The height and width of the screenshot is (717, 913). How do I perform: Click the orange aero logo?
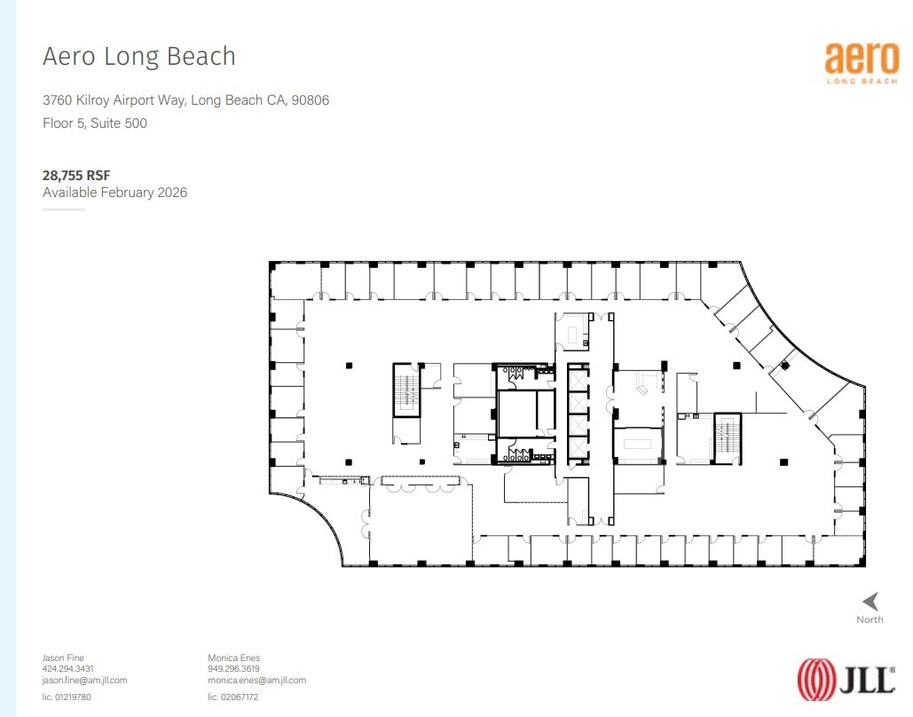pyautogui.click(x=862, y=59)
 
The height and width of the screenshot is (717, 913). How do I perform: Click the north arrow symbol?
pyautogui.click(x=870, y=601)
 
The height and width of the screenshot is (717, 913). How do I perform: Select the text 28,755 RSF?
pyautogui.click(x=76, y=176)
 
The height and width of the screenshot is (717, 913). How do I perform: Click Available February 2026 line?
pyautogui.click(x=115, y=193)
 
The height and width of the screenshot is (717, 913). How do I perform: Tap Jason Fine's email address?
pyautogui.click(x=85, y=680)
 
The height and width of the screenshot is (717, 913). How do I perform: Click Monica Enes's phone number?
pyautogui.click(x=234, y=669)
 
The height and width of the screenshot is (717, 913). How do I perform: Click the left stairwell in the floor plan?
pyautogui.click(x=406, y=389)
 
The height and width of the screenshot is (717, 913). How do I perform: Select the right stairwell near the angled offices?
pyautogui.click(x=728, y=437)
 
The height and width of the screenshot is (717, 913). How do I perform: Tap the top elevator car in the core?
pyautogui.click(x=577, y=378)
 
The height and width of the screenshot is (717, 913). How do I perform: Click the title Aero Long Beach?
pyautogui.click(x=139, y=56)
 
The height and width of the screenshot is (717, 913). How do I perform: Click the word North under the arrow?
pyautogui.click(x=870, y=619)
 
